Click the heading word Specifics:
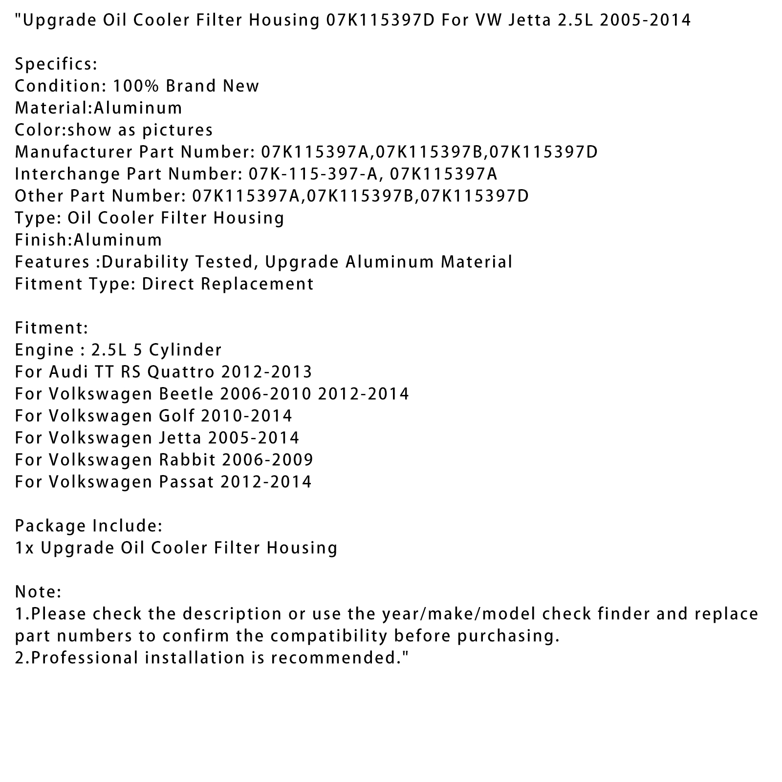56,65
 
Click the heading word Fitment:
51,328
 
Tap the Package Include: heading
88,526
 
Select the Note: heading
38,592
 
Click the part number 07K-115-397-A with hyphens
314,174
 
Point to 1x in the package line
24,548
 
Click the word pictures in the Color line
177,130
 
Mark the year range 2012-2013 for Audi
266,372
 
